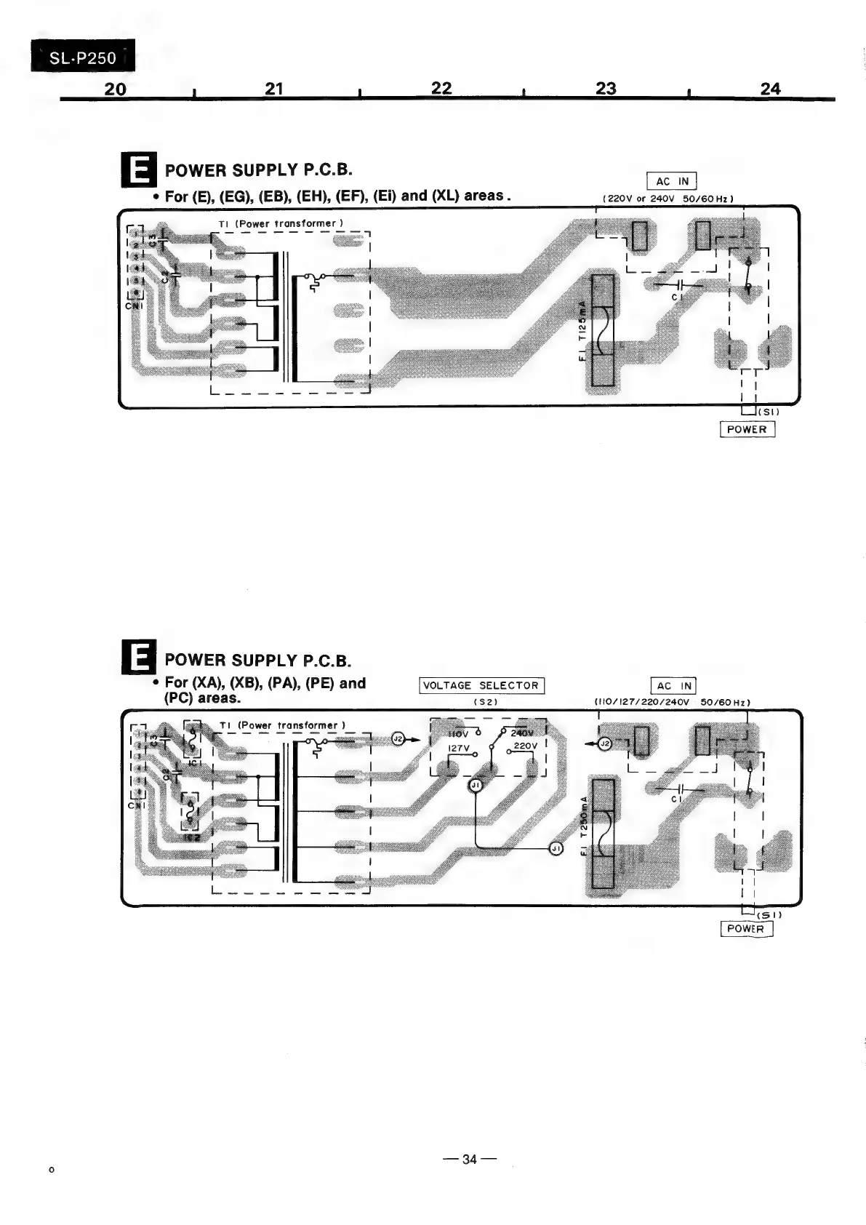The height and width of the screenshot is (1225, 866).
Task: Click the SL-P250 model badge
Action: (x=82, y=57)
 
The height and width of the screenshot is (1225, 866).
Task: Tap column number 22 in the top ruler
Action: (x=441, y=88)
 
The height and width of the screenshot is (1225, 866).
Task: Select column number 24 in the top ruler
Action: (x=770, y=89)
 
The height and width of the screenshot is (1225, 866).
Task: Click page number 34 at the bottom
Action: (x=469, y=1159)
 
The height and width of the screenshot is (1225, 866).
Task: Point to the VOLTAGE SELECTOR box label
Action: (x=482, y=685)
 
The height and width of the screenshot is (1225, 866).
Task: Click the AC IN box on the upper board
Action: (x=672, y=181)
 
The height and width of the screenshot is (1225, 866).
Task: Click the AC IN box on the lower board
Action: (x=673, y=685)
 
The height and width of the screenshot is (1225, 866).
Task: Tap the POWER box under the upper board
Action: (x=747, y=429)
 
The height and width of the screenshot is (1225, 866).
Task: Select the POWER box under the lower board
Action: (x=746, y=928)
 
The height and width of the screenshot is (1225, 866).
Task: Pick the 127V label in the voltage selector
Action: (x=459, y=748)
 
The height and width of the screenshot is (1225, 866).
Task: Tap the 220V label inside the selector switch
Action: (x=525, y=746)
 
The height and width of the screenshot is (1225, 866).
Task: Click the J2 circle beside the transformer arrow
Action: (x=398, y=739)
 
